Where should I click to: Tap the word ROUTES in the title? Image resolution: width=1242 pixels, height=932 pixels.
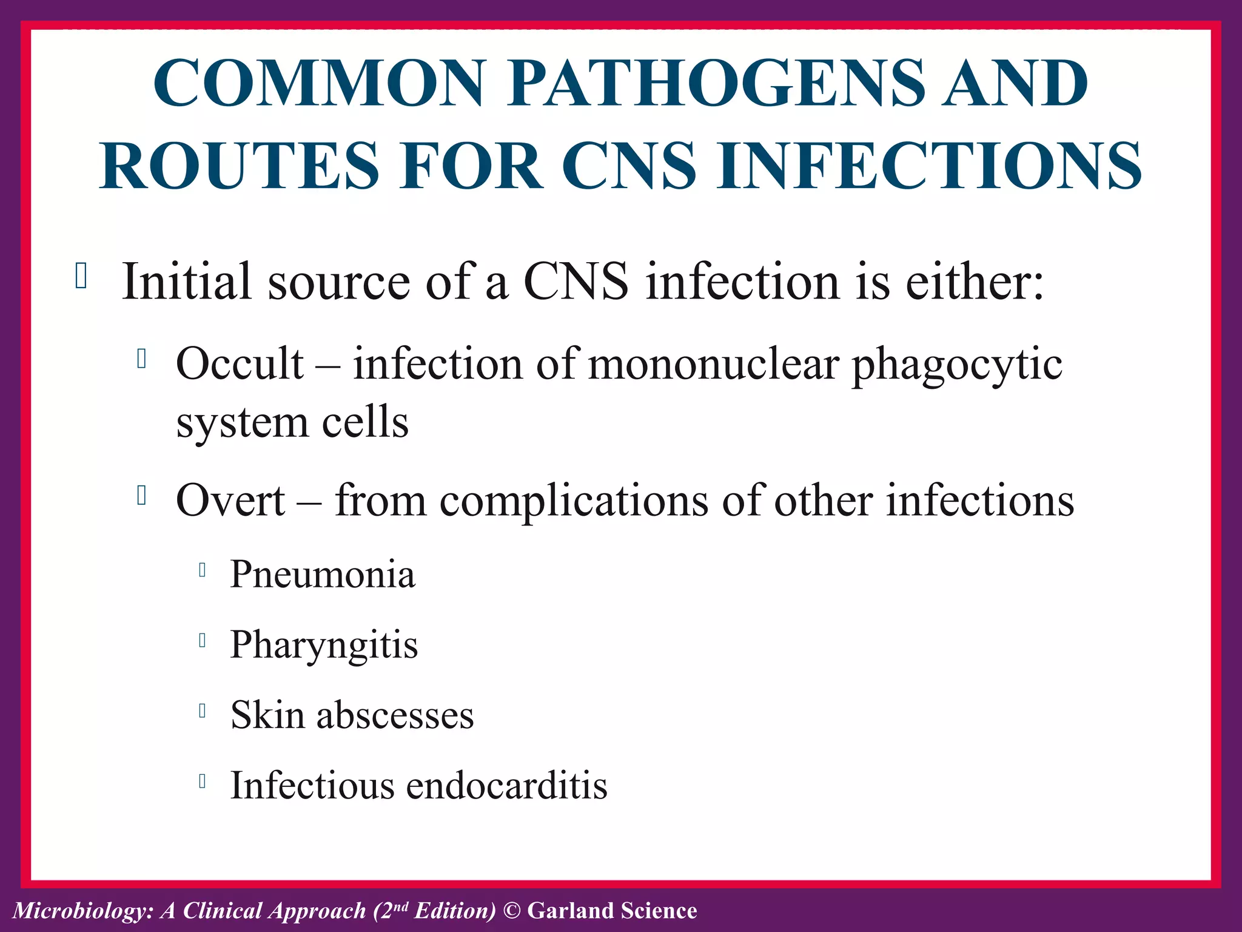240,166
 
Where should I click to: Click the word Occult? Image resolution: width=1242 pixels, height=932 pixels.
240,364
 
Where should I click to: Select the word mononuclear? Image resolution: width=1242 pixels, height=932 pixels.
713,364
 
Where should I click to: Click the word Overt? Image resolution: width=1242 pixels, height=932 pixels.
230,501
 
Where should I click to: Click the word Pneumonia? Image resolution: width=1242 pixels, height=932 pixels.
323,574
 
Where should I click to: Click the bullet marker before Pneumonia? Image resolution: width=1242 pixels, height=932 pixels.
203,570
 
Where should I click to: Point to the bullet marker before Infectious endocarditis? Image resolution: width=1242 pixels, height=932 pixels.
203,781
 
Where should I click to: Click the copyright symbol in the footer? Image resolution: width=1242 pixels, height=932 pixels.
512,911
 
